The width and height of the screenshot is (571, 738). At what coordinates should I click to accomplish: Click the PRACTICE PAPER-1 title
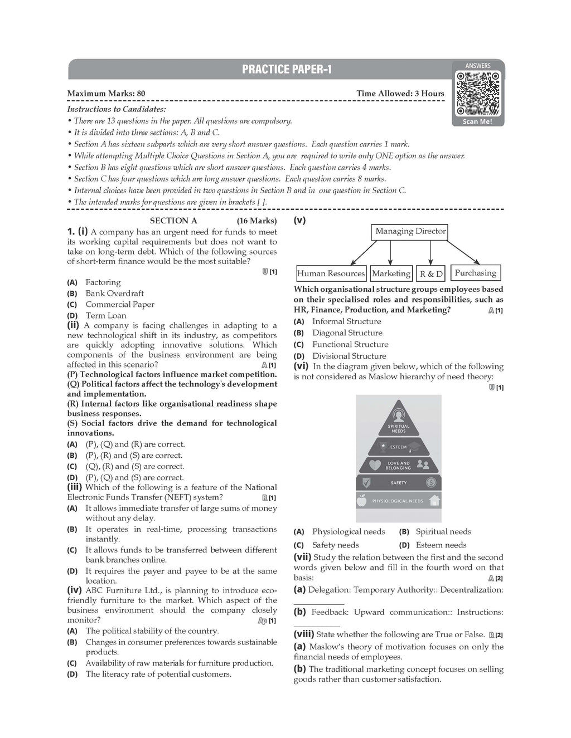287,69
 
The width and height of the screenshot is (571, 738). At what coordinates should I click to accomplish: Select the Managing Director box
410,231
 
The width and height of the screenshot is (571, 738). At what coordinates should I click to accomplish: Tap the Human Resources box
331,273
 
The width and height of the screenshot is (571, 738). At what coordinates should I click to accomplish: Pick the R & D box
431,273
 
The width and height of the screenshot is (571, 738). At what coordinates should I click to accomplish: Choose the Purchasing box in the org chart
475,273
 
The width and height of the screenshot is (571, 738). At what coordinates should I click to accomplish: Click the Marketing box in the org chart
391,273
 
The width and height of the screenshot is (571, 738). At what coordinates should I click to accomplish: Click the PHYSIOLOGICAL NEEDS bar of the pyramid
398,501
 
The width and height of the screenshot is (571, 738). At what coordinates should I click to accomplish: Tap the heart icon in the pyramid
375,465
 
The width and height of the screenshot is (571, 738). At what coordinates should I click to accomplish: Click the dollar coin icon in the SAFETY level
431,482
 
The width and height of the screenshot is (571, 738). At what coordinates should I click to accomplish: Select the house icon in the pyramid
435,500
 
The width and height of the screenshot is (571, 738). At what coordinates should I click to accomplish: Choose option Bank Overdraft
114,294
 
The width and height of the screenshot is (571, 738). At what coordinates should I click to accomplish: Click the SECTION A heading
173,221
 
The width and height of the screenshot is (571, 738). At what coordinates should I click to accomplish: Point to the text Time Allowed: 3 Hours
400,94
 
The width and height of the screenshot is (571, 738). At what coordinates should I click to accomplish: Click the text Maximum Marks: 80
107,94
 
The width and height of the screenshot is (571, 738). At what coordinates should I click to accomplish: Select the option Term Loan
106,315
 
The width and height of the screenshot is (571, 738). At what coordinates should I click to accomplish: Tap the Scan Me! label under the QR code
477,121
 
